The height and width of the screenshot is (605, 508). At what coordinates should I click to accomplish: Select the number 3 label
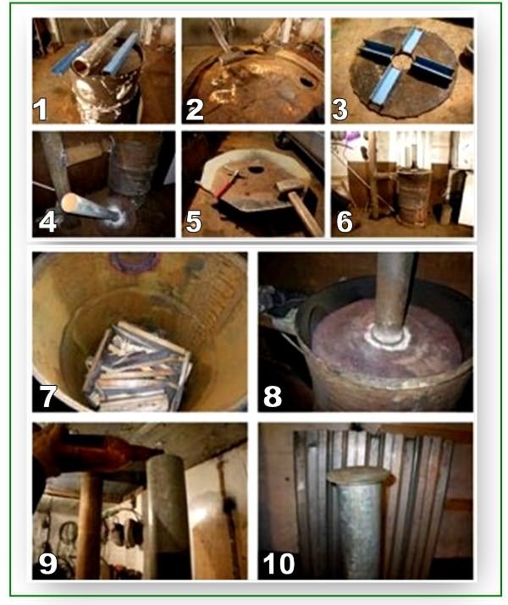coord(342,108)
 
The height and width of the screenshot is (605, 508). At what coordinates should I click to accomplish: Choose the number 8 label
coord(273,394)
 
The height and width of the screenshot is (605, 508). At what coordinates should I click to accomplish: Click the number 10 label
coord(279,563)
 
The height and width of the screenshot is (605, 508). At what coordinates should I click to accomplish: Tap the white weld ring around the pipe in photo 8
coord(385,341)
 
